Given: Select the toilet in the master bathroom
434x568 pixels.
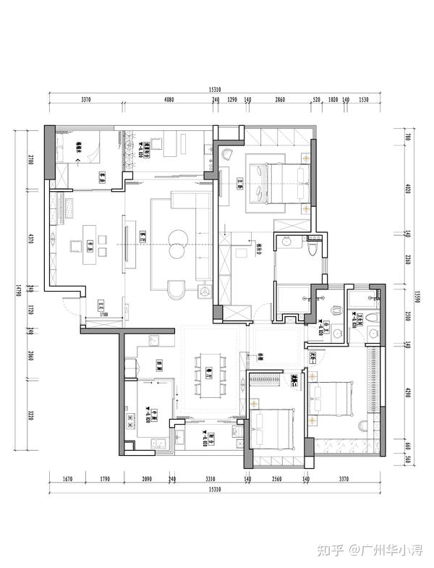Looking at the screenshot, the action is tap(312, 248).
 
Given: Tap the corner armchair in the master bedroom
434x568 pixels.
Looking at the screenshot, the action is tap(226, 153).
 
